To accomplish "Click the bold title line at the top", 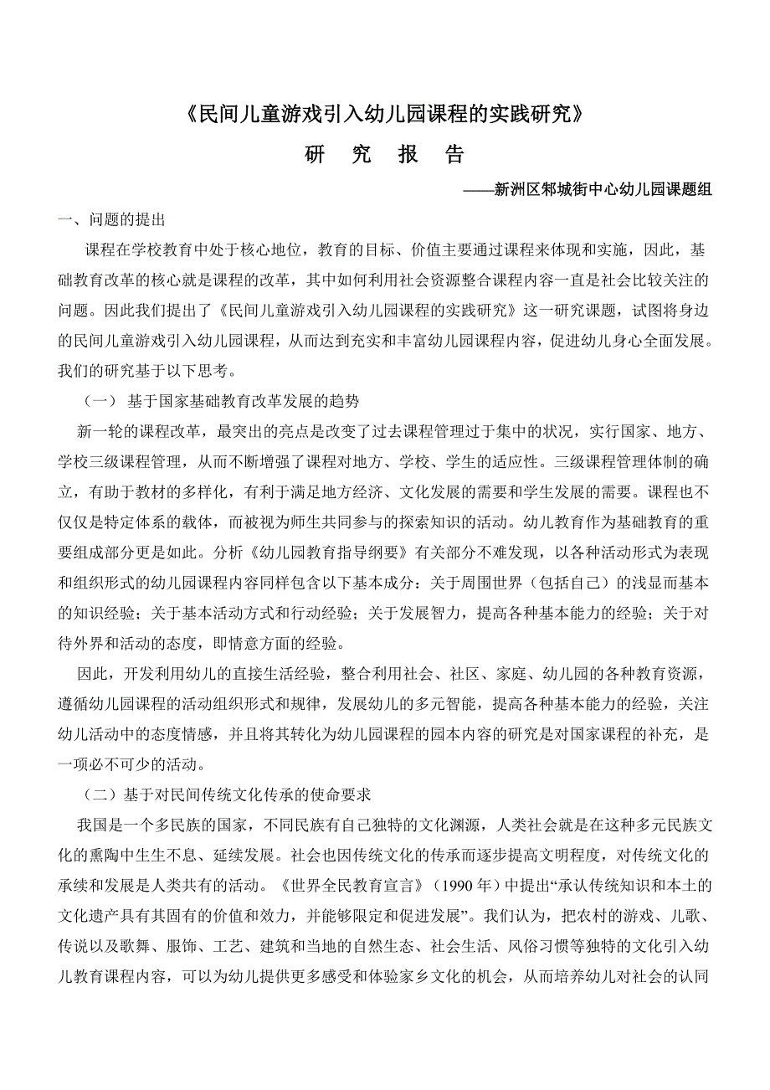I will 384,116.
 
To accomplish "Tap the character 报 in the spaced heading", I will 408,156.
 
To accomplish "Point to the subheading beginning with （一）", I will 222,401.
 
